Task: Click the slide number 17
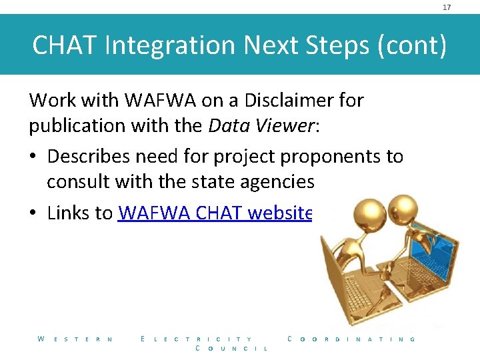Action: (x=447, y=7)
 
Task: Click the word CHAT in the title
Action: (x=65, y=45)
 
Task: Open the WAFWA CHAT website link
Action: (x=215, y=213)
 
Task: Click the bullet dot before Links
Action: (x=33, y=213)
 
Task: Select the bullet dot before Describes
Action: (x=33, y=157)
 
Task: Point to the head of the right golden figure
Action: (x=405, y=205)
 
